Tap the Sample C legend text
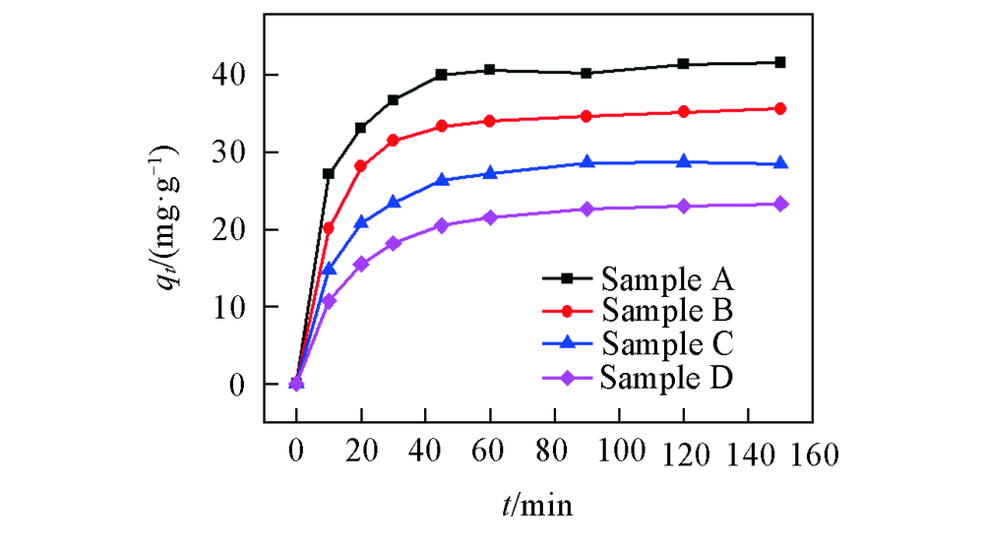pos(668,344)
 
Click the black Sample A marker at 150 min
pos(780,62)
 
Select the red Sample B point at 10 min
pos(329,228)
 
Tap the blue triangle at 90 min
pos(587,162)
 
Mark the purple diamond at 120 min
pos(684,206)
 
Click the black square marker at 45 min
pos(441,74)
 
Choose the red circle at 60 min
pos(489,121)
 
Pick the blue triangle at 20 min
pos(361,222)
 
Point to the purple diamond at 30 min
pos(393,243)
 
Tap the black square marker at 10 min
pos(329,173)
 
